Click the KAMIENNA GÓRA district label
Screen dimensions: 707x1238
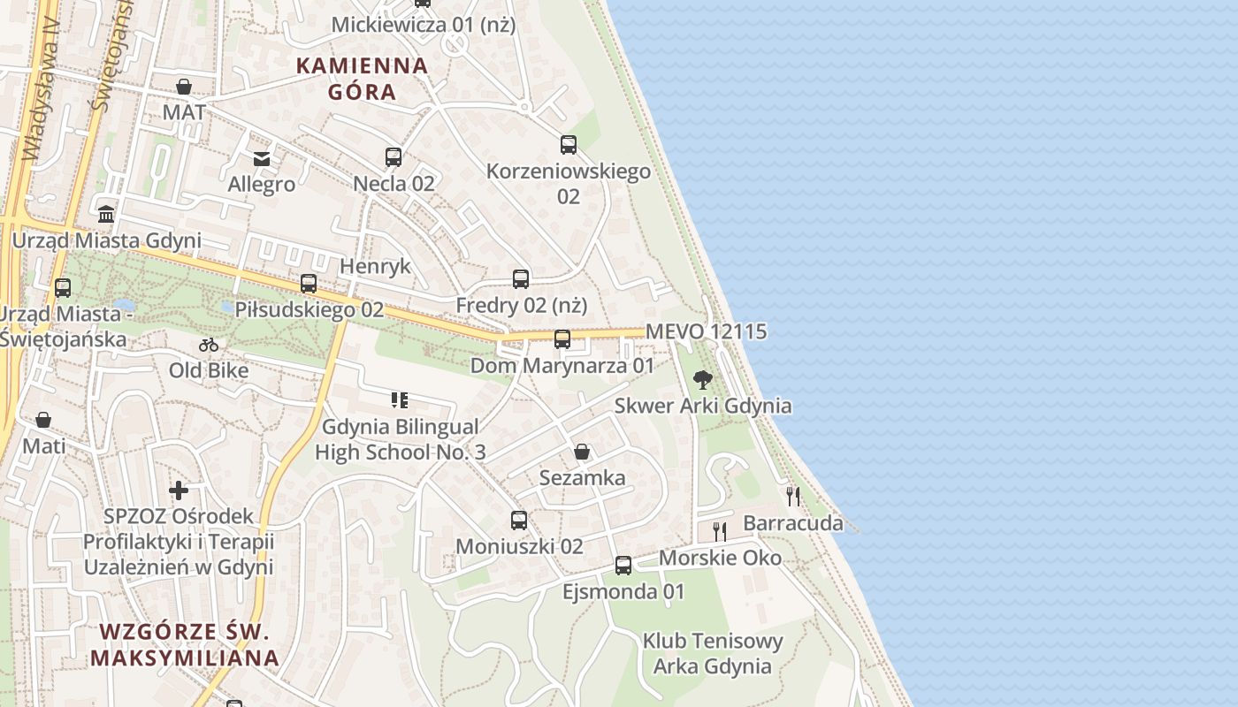362,78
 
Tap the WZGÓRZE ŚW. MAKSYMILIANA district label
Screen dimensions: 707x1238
185,644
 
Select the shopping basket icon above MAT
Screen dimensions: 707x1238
184,87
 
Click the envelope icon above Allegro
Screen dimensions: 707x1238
262,159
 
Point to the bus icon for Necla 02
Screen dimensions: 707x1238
394,157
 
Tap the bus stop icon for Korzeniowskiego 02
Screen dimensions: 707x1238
569,145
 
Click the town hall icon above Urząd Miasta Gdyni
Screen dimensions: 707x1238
107,214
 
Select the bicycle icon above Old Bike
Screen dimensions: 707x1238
209,345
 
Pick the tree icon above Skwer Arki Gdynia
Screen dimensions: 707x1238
703,380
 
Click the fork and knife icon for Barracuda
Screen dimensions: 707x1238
793,496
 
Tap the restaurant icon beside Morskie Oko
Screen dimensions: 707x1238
720,531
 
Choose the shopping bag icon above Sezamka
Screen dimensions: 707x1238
582,452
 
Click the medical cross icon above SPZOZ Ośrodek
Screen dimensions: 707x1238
179,490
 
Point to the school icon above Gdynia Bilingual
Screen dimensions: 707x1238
400,400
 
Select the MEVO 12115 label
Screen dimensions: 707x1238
706,331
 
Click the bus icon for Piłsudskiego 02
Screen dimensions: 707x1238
309,284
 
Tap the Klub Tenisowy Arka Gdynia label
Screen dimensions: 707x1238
712,653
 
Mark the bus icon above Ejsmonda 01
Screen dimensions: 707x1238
623,566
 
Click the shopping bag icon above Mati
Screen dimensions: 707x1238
43,420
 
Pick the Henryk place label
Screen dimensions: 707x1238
376,266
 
